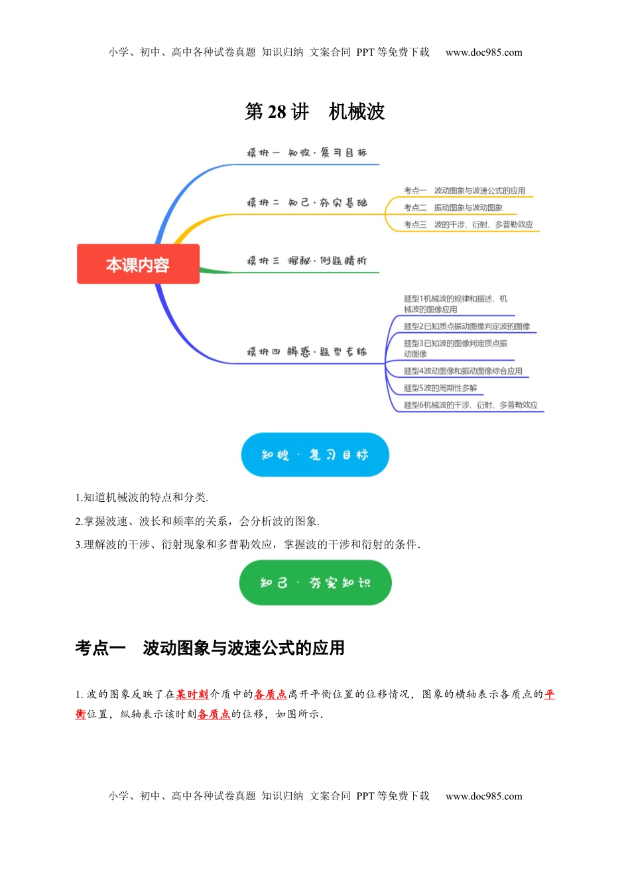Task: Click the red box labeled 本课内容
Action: point(138,265)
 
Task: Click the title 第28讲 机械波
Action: point(314,111)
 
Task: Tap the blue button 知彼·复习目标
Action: point(314,455)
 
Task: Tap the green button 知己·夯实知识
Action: point(315,583)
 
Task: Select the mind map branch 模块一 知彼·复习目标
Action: point(306,153)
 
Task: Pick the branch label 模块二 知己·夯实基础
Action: point(306,203)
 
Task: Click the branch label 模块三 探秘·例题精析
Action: point(306,261)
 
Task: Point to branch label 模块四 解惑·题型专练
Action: point(306,352)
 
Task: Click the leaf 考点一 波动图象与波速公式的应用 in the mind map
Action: point(464,191)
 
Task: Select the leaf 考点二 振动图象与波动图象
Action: point(453,208)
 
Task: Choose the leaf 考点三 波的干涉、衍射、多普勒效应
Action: point(468,225)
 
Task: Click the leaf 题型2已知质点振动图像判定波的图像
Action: point(467,326)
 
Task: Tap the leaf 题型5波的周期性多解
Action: point(440,388)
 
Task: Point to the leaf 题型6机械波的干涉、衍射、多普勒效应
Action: point(470,405)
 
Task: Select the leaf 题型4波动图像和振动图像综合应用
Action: point(463,371)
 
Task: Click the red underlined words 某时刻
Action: point(192,694)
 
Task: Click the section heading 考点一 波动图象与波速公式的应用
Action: point(210,648)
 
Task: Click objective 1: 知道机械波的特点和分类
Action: point(142,497)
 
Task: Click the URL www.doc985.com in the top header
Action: point(483,52)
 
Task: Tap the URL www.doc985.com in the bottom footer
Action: point(483,796)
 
